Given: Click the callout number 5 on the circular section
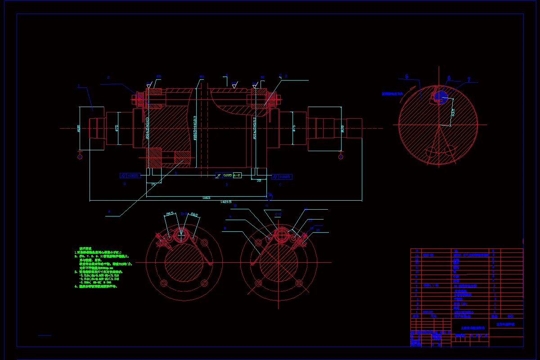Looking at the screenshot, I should click(407, 77).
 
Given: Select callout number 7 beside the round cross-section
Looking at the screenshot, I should click(468, 80).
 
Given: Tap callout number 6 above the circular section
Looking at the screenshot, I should click(449, 78).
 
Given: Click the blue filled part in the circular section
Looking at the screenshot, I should click(441, 95).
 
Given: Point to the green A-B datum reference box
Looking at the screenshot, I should click(237, 175).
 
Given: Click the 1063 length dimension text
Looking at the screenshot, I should click(206, 198).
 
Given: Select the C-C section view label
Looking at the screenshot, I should click(278, 214).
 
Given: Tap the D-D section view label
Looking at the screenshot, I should click(184, 214).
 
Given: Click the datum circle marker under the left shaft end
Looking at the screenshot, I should click(80, 157).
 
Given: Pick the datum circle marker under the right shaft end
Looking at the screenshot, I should click(341, 157).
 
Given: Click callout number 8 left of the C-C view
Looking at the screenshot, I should click(224, 229).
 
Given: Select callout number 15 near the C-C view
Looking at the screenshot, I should click(318, 230).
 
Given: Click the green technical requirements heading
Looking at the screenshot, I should click(85, 248).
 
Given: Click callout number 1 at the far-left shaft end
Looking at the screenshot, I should click(79, 85).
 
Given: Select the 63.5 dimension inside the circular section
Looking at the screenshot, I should click(453, 111).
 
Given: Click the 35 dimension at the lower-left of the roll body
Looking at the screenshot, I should click(153, 184).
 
